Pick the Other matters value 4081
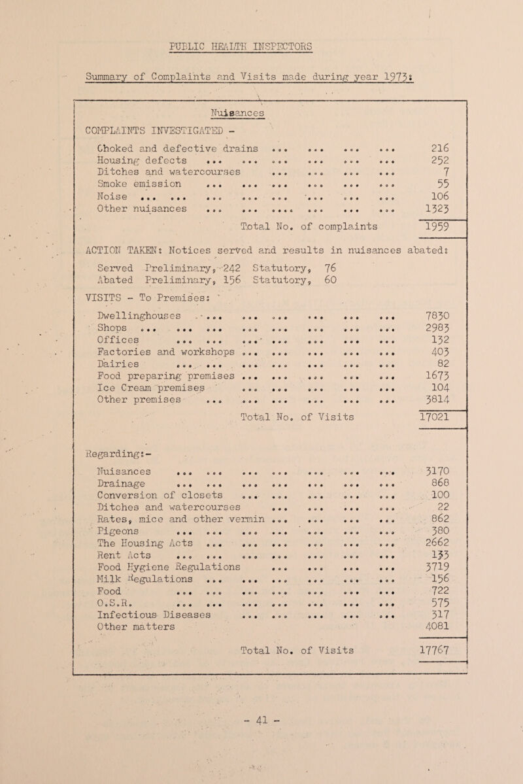click(456, 668)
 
